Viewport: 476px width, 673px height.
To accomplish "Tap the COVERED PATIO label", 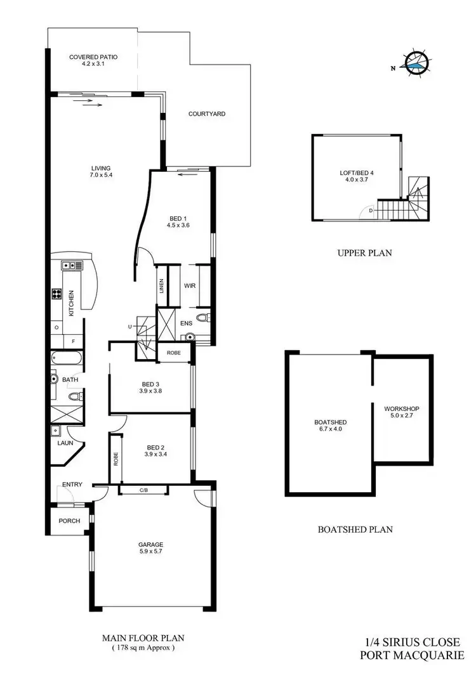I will click(x=93, y=57).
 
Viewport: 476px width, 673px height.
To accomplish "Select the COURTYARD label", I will click(x=207, y=114).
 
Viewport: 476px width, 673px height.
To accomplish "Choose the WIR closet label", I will click(x=189, y=286).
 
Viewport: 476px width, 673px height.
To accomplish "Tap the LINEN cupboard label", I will click(x=162, y=287).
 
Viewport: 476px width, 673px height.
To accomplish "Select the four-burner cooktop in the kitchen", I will click(x=56, y=294).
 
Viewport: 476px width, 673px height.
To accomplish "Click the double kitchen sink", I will click(x=68, y=265).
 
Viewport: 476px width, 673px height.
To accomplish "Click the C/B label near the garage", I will click(x=144, y=490).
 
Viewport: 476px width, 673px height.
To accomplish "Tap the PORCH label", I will click(x=70, y=521).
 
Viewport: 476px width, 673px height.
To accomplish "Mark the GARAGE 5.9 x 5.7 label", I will click(x=151, y=548).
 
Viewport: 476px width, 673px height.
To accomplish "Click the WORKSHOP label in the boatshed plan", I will click(x=402, y=412).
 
